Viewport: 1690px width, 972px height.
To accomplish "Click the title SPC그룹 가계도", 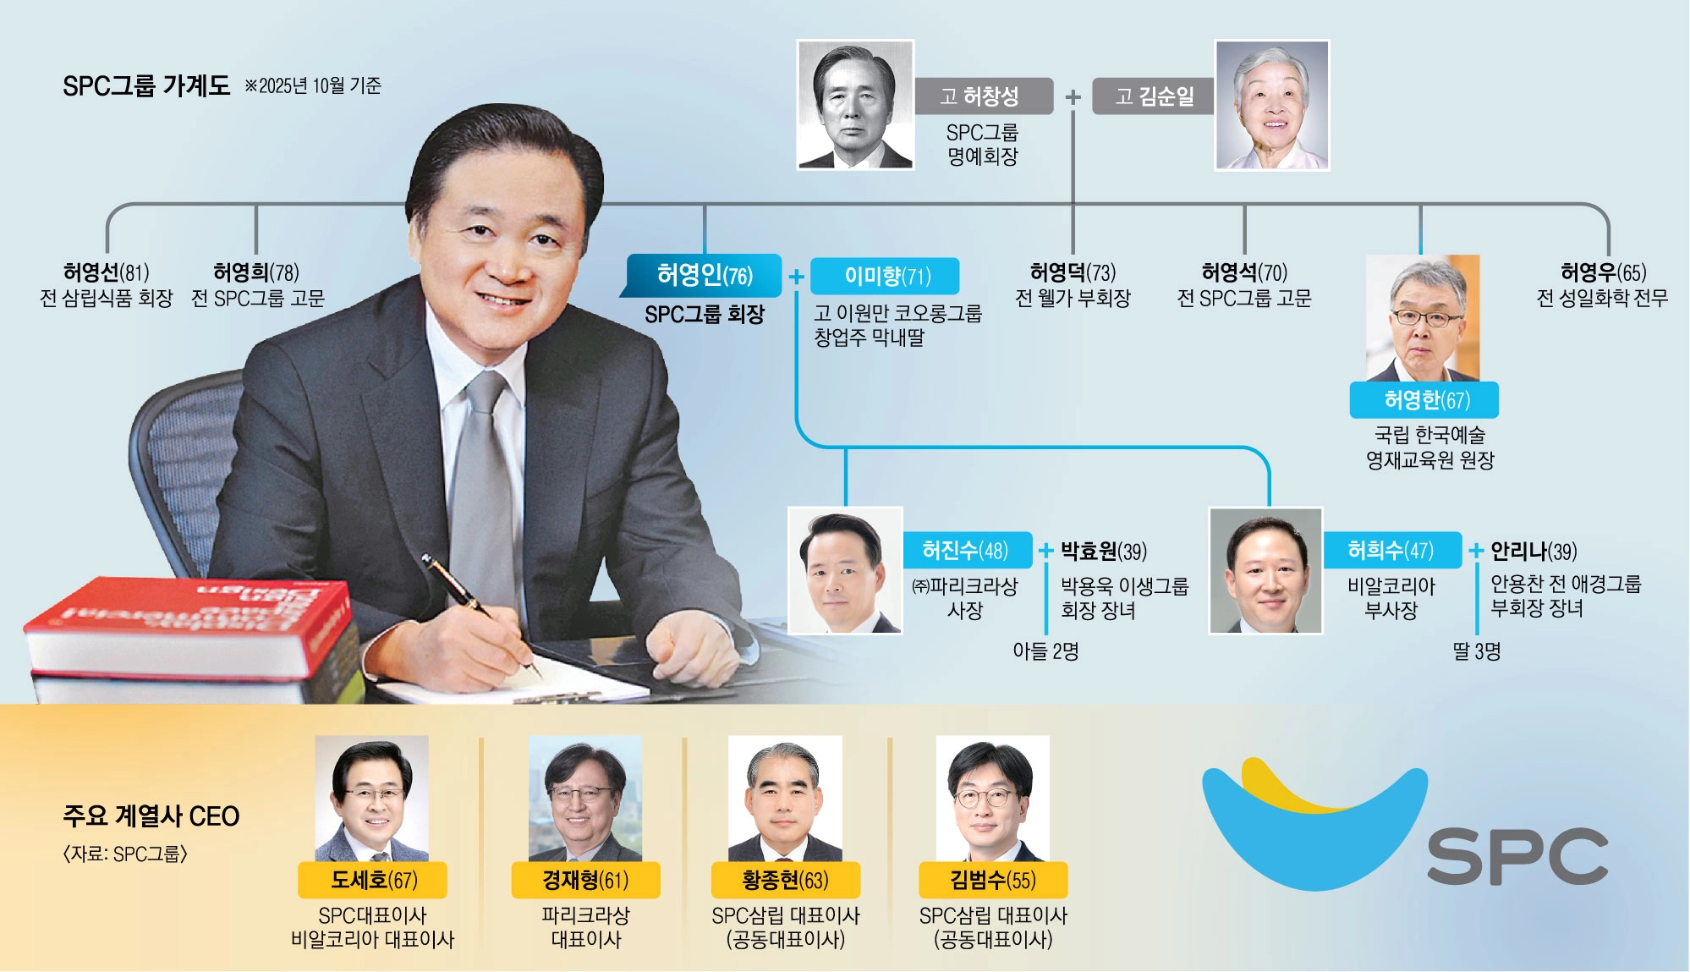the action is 146,85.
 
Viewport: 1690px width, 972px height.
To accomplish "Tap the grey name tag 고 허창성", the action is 984,96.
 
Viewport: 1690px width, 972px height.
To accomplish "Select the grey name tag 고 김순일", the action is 1154,96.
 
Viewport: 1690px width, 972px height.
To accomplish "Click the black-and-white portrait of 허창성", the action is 855,105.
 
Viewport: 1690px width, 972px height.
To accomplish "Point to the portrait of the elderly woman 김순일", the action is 1272,106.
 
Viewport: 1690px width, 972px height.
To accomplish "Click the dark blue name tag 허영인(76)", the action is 701,276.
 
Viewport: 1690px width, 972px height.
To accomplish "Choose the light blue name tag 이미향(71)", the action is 885,276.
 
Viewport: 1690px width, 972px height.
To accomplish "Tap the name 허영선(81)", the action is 107,272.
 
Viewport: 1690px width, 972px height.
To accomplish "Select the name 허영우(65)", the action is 1603,272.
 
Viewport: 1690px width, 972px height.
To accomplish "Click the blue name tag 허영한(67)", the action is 1424,400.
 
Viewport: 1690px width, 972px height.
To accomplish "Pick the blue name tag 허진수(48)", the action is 967,551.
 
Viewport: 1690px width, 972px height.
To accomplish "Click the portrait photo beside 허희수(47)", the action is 1265,570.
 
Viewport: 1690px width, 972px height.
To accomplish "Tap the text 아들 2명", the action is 1045,651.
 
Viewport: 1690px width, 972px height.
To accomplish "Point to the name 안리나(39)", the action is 1534,552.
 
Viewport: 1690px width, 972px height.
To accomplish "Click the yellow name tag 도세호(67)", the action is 372,880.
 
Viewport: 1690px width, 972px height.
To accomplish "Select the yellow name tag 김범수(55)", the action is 993,880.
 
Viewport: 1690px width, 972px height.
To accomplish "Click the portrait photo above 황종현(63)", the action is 785,799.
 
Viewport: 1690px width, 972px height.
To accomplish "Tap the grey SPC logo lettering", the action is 1517,857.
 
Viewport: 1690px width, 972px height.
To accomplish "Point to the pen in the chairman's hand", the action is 480,612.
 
